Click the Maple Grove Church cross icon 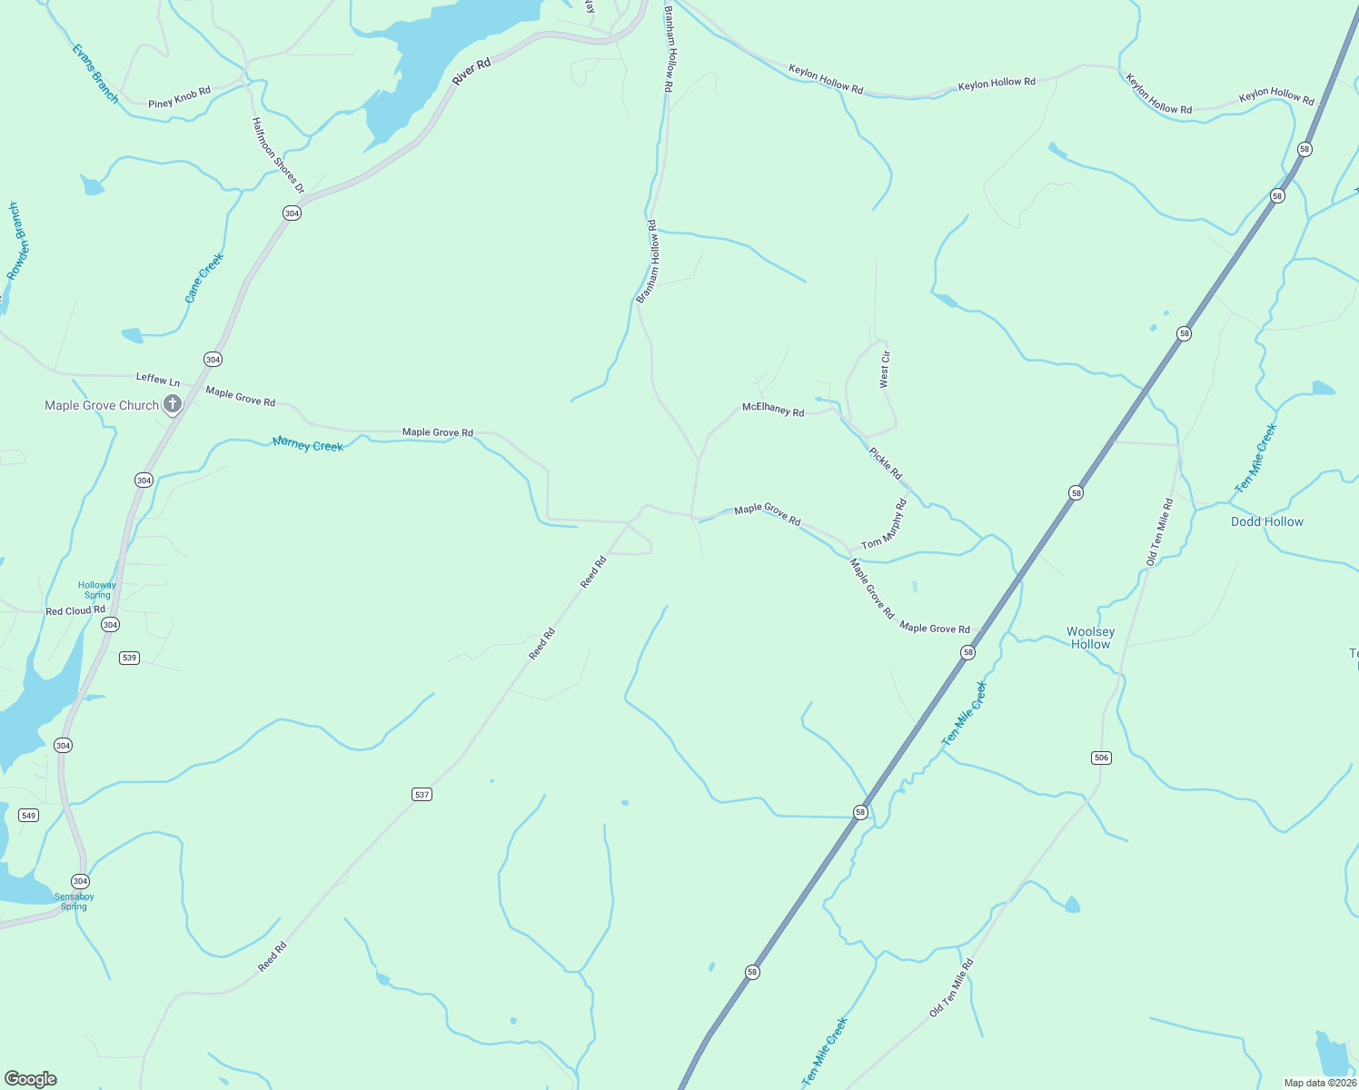[173, 404]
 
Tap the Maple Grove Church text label [102, 405]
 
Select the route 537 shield [422, 794]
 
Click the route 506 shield [1100, 758]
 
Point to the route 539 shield [129, 658]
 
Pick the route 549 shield [29, 815]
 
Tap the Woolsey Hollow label [1090, 638]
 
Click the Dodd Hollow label [1266, 521]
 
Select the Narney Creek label [308, 444]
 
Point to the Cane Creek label [203, 278]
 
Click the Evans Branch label [95, 74]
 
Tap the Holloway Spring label [97, 590]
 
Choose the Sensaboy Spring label [74, 901]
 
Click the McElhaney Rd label [773, 410]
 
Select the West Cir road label [884, 370]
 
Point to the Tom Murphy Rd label [884, 524]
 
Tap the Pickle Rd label [885, 463]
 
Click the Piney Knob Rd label [179, 97]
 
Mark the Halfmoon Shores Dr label [278, 155]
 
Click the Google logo [31, 1079]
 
